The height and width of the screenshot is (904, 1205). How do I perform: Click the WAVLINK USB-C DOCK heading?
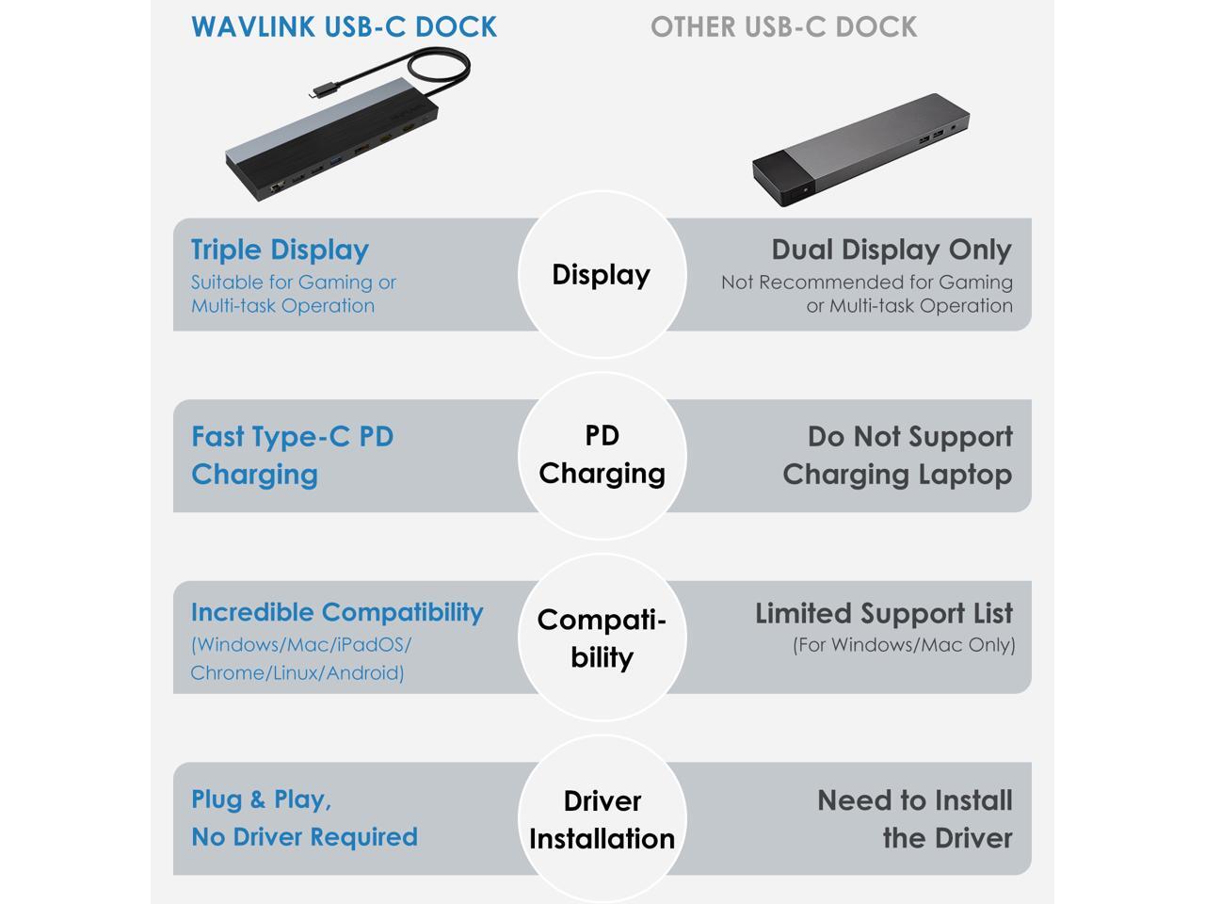click(344, 27)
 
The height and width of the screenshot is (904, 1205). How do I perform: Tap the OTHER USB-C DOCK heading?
click(783, 27)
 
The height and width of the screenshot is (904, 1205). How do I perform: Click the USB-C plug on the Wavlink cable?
click(321, 91)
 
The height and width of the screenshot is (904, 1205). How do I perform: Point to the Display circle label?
click(602, 275)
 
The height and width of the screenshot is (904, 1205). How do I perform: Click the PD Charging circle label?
click(602, 455)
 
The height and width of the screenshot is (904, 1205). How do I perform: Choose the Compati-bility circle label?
click(602, 638)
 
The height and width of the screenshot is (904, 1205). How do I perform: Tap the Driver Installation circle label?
click(602, 819)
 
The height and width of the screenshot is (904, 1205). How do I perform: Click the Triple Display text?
click(280, 250)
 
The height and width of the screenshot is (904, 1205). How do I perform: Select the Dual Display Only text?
click(892, 250)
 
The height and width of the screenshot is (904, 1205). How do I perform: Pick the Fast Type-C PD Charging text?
click(292, 455)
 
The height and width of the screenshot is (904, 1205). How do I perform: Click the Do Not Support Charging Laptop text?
click(897, 455)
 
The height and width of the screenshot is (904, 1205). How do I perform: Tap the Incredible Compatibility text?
click(336, 612)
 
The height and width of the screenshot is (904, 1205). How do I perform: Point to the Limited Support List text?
click(883, 614)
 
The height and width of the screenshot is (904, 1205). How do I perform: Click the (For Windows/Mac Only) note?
click(904, 645)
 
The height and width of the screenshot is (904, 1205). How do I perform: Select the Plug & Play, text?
click(261, 799)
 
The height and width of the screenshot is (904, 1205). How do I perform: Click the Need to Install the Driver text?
click(915, 819)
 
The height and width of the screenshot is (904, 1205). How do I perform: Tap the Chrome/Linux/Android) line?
click(297, 672)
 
